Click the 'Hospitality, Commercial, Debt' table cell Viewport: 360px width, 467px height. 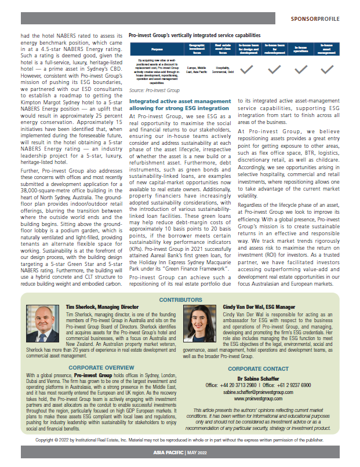click(223, 70)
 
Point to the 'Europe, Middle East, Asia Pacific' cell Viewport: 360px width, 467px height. click(197, 70)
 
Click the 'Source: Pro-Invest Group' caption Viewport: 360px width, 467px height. click(154, 90)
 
